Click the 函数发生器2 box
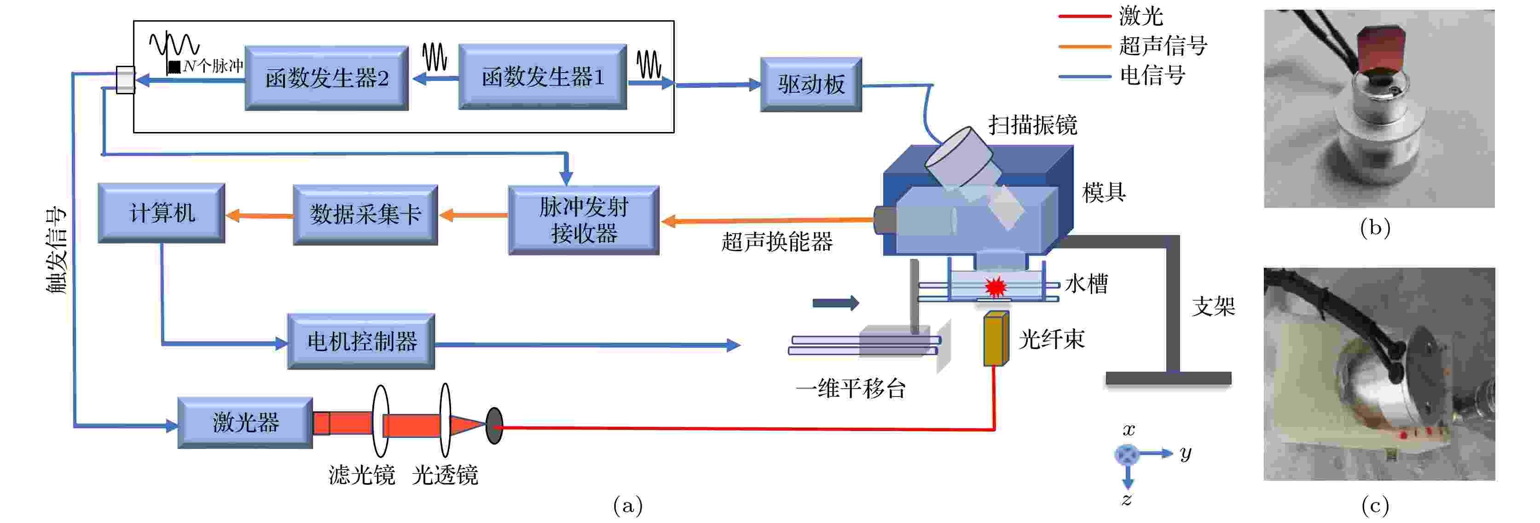pyautogui.click(x=326, y=78)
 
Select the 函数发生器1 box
pyautogui.click(x=543, y=76)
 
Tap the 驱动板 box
pyautogui.click(x=811, y=84)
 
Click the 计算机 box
pyautogui.click(x=162, y=213)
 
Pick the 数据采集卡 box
pyautogui.click(x=365, y=214)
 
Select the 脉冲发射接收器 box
pyautogui.click(x=584, y=220)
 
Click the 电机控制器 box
pyautogui.click(x=361, y=341)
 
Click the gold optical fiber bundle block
pyautogui.click(x=996, y=338)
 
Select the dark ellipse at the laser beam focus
pyautogui.click(x=494, y=425)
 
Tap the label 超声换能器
pyautogui.click(x=776, y=241)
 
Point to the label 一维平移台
pyautogui.click(x=851, y=389)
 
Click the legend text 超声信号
pyautogui.click(x=1164, y=46)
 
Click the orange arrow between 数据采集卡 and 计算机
pyautogui.click(x=260, y=215)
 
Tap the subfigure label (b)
pyautogui.click(x=1375, y=228)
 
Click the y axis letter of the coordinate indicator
pyautogui.click(x=1186, y=454)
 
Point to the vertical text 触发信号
pyautogui.click(x=56, y=250)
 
